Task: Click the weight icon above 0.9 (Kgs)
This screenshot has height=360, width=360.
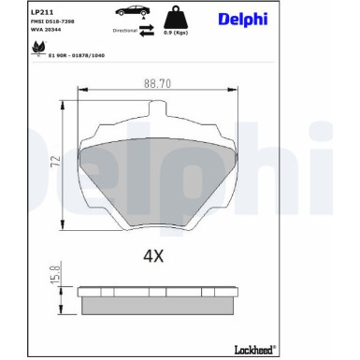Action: click(x=173, y=17)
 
